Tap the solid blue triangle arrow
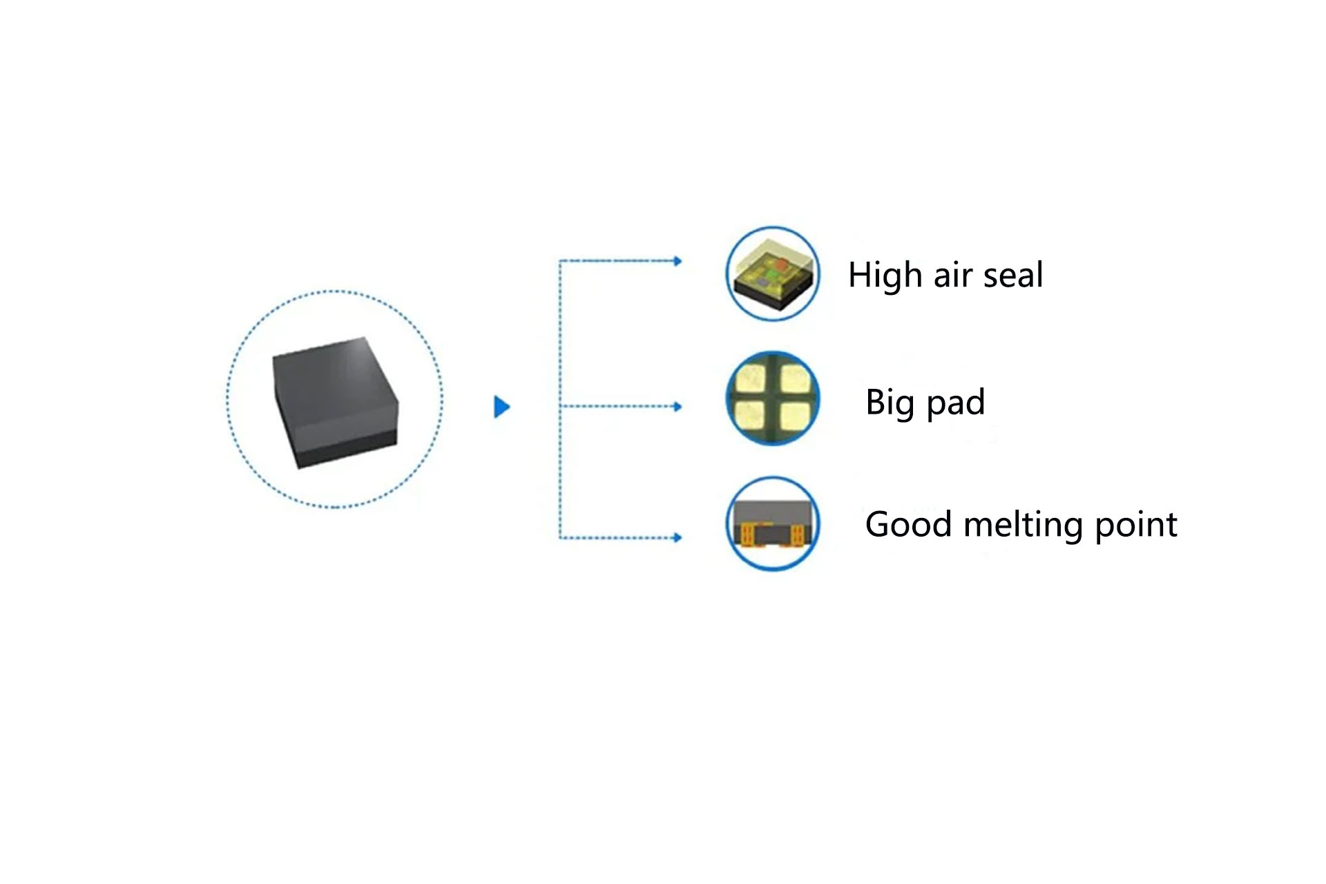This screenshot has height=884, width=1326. pyautogui.click(x=501, y=407)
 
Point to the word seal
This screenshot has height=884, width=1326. pyautogui.click(x=1012, y=275)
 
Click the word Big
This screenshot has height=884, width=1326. pyautogui.click(x=890, y=403)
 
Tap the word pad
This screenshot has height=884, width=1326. pyautogui.click(x=955, y=402)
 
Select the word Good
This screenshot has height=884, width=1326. pyautogui.click(x=908, y=524)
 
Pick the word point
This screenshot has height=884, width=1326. pyautogui.click(x=1135, y=525)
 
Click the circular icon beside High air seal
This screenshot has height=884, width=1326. pyautogui.click(x=773, y=273)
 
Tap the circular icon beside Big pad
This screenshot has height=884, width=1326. pyautogui.click(x=773, y=398)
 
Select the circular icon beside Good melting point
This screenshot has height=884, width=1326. pyautogui.click(x=773, y=523)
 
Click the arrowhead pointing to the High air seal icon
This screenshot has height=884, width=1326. pyautogui.click(x=678, y=261)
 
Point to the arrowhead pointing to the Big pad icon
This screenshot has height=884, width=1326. pyautogui.click(x=678, y=407)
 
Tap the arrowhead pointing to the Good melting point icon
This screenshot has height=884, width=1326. pyautogui.click(x=678, y=537)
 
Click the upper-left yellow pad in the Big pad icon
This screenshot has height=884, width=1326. pyautogui.click(x=750, y=378)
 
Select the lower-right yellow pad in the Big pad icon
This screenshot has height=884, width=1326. pyautogui.click(x=794, y=416)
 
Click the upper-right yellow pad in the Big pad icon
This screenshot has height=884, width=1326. pyautogui.click(x=795, y=378)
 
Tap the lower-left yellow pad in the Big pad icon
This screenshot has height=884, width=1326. pyautogui.click(x=750, y=416)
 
